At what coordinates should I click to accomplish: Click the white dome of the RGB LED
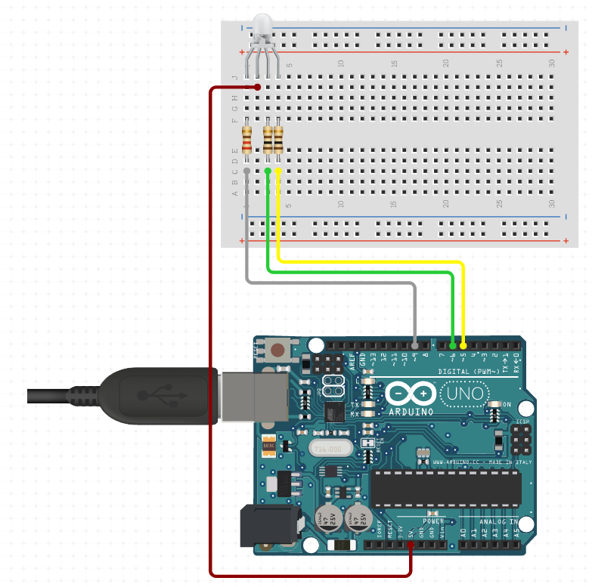(262, 26)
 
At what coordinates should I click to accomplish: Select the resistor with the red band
(247, 141)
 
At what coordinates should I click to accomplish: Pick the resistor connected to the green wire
(268, 141)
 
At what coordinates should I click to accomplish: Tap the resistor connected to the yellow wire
(278, 141)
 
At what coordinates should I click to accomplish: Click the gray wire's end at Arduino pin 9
(415, 344)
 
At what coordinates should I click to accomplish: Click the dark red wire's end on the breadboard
(258, 88)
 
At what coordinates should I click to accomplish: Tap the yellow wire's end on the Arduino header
(463, 344)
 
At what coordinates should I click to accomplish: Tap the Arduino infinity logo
(411, 394)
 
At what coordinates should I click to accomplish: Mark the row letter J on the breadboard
(235, 77)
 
